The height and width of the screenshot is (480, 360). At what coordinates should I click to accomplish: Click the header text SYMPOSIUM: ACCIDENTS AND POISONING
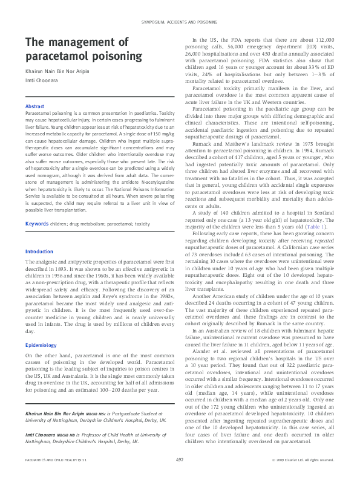coord(180,21)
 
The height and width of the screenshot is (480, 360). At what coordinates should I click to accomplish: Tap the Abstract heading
coord(34,106)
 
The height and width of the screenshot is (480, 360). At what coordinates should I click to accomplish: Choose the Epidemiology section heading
coord(41,345)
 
